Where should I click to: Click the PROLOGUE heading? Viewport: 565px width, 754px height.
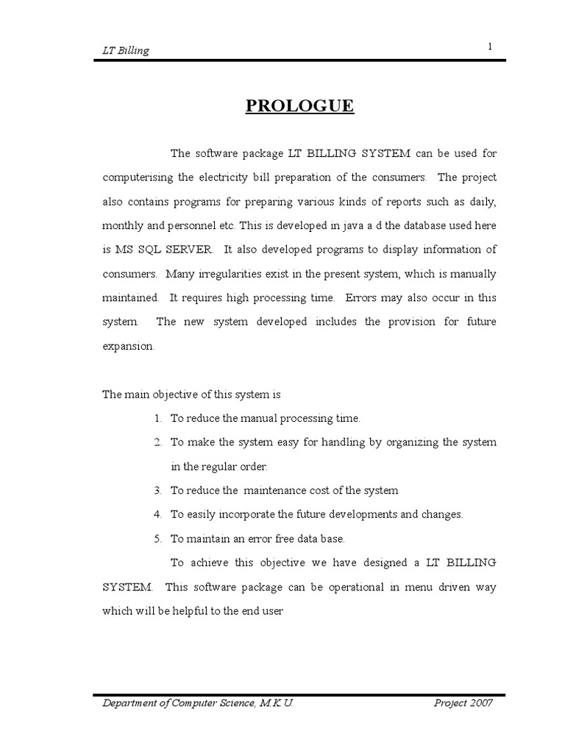coord(299,106)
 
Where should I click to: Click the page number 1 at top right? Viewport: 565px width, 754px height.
coord(488,47)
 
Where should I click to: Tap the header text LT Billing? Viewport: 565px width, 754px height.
coord(124,51)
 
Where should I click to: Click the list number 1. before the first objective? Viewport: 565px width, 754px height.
coord(158,418)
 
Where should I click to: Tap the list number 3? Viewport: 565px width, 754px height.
coord(158,490)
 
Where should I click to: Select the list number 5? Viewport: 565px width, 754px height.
coord(158,538)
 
